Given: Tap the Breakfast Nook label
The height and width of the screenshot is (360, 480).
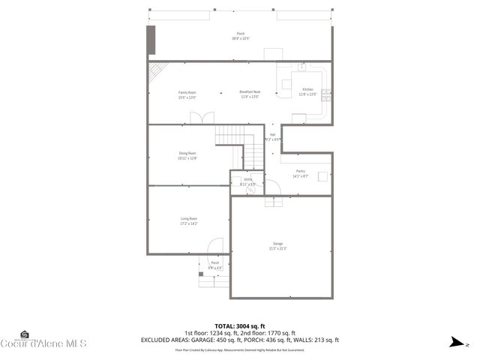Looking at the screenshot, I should (250, 92).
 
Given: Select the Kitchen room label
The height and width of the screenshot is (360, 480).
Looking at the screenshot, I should (307, 90).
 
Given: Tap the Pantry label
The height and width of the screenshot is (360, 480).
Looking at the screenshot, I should (300, 172).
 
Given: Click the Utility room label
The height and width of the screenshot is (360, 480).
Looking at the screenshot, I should (247, 180).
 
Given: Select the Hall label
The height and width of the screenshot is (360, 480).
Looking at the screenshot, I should (272, 135).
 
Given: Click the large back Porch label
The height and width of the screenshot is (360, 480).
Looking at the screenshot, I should (241, 34).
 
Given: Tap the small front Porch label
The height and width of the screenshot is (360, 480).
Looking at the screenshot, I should (214, 263).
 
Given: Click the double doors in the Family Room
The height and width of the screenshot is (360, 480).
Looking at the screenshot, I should (202, 118).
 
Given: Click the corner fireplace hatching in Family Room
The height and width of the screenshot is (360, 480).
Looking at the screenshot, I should (155, 71).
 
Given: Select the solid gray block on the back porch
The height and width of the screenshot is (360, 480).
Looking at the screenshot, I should (151, 39).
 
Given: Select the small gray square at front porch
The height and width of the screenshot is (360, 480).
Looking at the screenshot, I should (200, 274).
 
